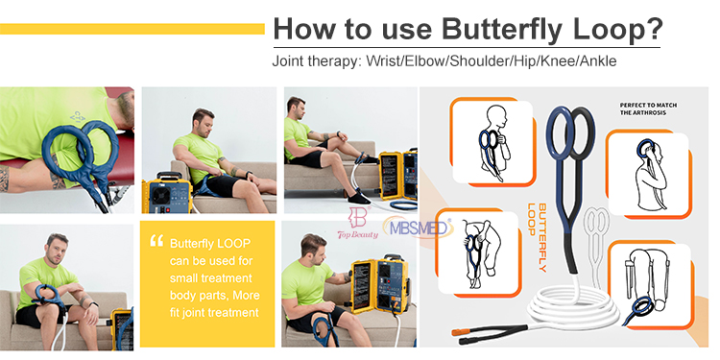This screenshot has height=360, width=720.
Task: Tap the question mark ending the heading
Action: point(654,28)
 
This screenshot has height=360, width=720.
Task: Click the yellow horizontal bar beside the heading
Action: point(132,29)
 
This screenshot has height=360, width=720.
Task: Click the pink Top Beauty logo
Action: point(358,224)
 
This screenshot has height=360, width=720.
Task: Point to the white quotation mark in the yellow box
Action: point(156,241)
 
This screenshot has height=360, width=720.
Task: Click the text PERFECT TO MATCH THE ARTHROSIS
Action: point(648,108)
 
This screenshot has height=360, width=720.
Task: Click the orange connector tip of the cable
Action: point(459,331)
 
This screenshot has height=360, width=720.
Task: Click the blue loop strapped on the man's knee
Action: point(324,328)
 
